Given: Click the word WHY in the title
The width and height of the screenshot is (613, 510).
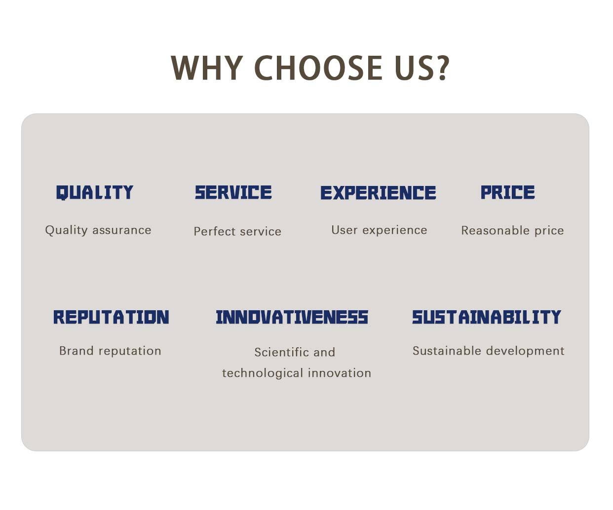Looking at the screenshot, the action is coord(207,68).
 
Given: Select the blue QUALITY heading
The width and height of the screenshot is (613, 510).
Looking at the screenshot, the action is coord(95,192).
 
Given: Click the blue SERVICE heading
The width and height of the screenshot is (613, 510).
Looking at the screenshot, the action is coord(233,192).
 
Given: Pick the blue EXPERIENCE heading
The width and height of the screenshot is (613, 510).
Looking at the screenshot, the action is coord(378,192).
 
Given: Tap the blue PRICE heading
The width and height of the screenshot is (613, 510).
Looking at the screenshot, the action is coord(507,192).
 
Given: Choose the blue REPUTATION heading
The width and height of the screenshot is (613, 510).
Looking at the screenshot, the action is coord(111,317).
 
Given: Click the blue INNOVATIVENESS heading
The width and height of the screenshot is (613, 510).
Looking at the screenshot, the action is coord(292,317).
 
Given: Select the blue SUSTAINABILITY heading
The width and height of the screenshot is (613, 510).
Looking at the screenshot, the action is coord(487,317).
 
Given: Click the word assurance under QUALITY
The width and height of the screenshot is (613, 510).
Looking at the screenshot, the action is coord(122,230).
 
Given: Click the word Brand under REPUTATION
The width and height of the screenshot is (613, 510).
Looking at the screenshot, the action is coord(77,351).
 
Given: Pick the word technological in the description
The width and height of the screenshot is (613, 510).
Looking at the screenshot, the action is coord(263,373).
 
